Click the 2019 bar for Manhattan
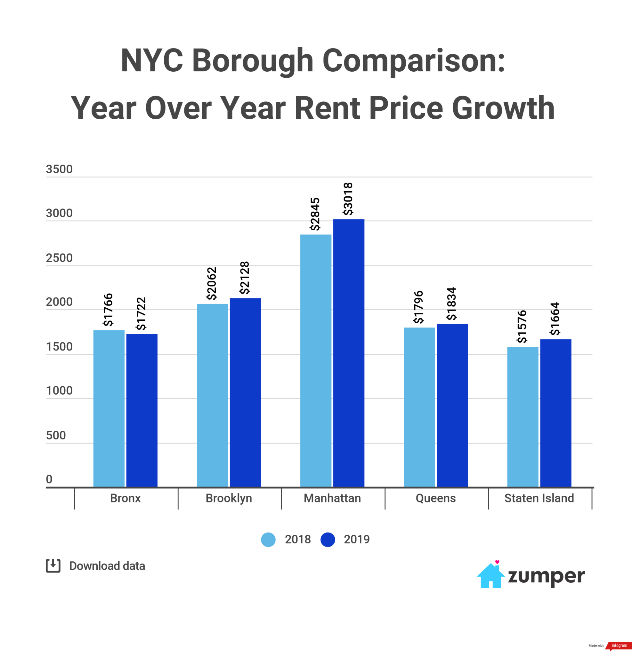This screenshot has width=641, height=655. coord(348,353)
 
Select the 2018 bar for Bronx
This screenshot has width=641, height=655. coord(109,408)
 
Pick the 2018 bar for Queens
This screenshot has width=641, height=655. coord(419,407)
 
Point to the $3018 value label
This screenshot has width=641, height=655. coord(348,199)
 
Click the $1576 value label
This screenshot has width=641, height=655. coord(522,327)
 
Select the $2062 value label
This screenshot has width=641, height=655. coord(211,283)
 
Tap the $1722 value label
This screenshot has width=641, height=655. coord(141,314)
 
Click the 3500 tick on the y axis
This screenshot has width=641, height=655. coord(59,169)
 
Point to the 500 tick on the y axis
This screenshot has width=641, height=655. coord(56,435)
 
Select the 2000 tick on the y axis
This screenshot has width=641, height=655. coord(59,302)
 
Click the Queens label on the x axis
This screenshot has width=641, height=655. coord(436,498)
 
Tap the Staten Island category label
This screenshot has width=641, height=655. coord(539,498)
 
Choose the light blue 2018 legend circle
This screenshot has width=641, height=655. coord(268,540)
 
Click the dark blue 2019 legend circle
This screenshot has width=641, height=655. coord(328,540)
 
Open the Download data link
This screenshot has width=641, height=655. coord(107,566)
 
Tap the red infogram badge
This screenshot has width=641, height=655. coord(619,646)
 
